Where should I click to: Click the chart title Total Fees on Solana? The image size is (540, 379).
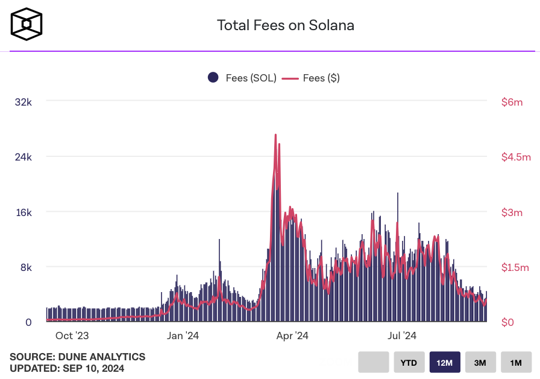pos(285,25)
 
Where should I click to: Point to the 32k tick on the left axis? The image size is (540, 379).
pos(24,102)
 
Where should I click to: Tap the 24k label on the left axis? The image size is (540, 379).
pos(24,157)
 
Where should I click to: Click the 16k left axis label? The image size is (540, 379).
pos(24,212)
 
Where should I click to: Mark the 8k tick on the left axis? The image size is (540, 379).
pos(26,267)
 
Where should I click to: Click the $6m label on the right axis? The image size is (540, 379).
pos(512,102)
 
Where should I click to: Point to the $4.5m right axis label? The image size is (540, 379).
pos(515,157)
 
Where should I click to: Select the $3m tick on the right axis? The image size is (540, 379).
pos(512,212)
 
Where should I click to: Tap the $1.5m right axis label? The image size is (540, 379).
pos(515,267)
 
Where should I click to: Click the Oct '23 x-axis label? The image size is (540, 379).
pos(72,336)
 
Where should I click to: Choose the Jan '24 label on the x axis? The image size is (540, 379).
pos(183,336)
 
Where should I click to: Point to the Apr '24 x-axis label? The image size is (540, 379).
pos(293,336)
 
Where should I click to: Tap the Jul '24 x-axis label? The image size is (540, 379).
pos(402,336)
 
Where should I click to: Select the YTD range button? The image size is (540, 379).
pos(409,363)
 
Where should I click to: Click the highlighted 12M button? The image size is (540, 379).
pos(445,363)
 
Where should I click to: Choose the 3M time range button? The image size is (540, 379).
pos(480,363)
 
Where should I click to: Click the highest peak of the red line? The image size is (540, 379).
pos(275,135)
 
